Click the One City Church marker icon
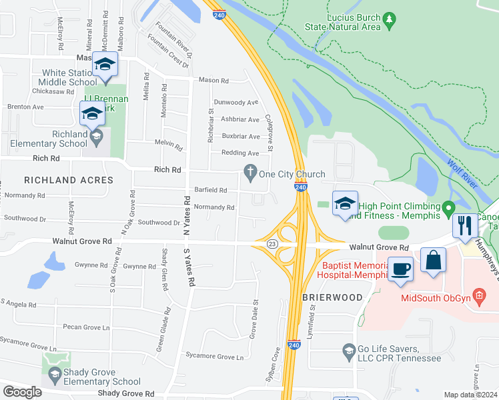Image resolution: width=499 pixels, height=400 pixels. pyautogui.click(x=250, y=174)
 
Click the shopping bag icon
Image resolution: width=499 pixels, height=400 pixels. pyautogui.click(x=433, y=259)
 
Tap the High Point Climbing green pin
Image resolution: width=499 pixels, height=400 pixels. pyautogui.click(x=449, y=206)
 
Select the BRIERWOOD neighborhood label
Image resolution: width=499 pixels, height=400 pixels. pyautogui.click(x=332, y=297)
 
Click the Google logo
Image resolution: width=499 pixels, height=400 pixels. pyautogui.click(x=22, y=392)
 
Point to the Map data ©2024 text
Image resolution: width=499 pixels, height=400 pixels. pyautogui.click(x=470, y=395)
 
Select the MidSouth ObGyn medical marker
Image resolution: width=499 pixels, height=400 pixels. pyautogui.click(x=478, y=295)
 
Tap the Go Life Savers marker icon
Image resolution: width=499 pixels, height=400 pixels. pyautogui.click(x=348, y=349)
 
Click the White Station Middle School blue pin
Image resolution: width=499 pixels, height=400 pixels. pyautogui.click(x=105, y=65)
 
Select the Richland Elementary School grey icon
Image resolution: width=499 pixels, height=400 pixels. pyautogui.click(x=97, y=137)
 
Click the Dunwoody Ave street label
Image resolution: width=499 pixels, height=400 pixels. pyautogui.click(x=236, y=103)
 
